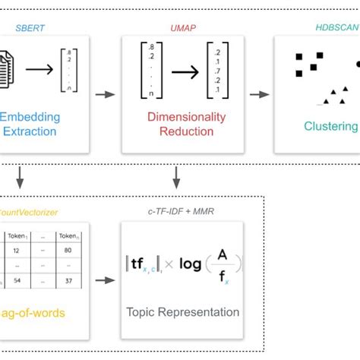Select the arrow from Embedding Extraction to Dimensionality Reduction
[106, 95]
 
